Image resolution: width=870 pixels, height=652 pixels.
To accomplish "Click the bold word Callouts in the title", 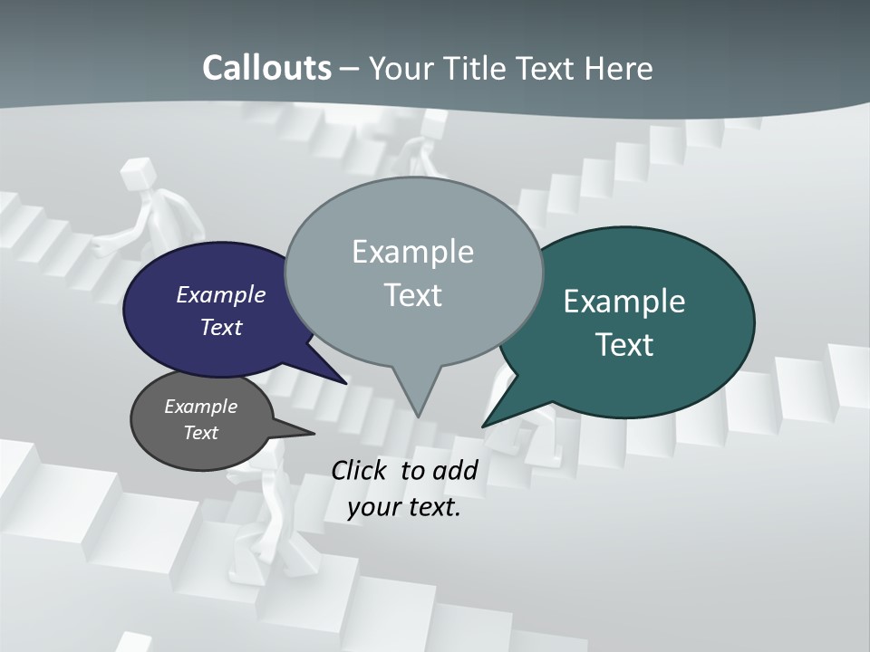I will (266, 68).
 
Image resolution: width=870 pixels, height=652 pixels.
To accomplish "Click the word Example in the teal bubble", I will (624, 302).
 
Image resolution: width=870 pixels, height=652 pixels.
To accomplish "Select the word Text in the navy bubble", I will (221, 327).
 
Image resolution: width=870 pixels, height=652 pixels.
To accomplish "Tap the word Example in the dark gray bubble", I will (200, 407).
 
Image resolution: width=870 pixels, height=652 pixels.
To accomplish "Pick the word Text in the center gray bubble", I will (413, 295).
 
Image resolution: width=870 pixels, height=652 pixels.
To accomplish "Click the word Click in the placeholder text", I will (361, 470).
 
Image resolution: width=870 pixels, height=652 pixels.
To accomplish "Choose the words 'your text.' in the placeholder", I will (404, 507).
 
